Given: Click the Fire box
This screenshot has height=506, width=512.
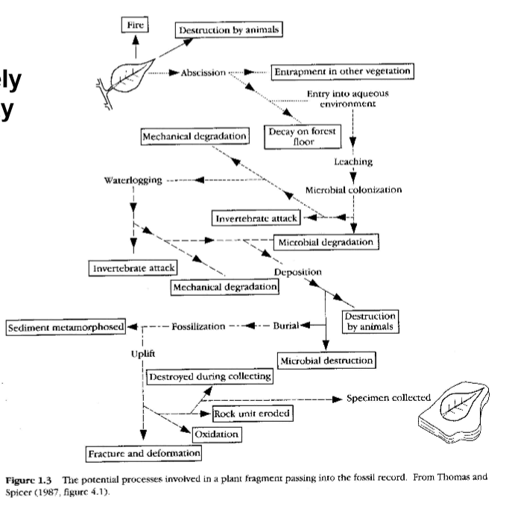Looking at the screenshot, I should [x=135, y=25].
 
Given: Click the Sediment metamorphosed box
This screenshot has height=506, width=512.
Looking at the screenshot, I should [x=66, y=326].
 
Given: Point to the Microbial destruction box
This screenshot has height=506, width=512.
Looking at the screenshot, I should [x=326, y=360].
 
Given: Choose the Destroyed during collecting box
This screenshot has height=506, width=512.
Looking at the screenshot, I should [x=210, y=377].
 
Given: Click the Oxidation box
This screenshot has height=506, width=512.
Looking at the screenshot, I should [x=217, y=434].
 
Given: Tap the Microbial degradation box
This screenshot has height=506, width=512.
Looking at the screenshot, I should [x=326, y=242].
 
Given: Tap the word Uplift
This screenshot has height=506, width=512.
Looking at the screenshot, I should [x=142, y=352].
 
